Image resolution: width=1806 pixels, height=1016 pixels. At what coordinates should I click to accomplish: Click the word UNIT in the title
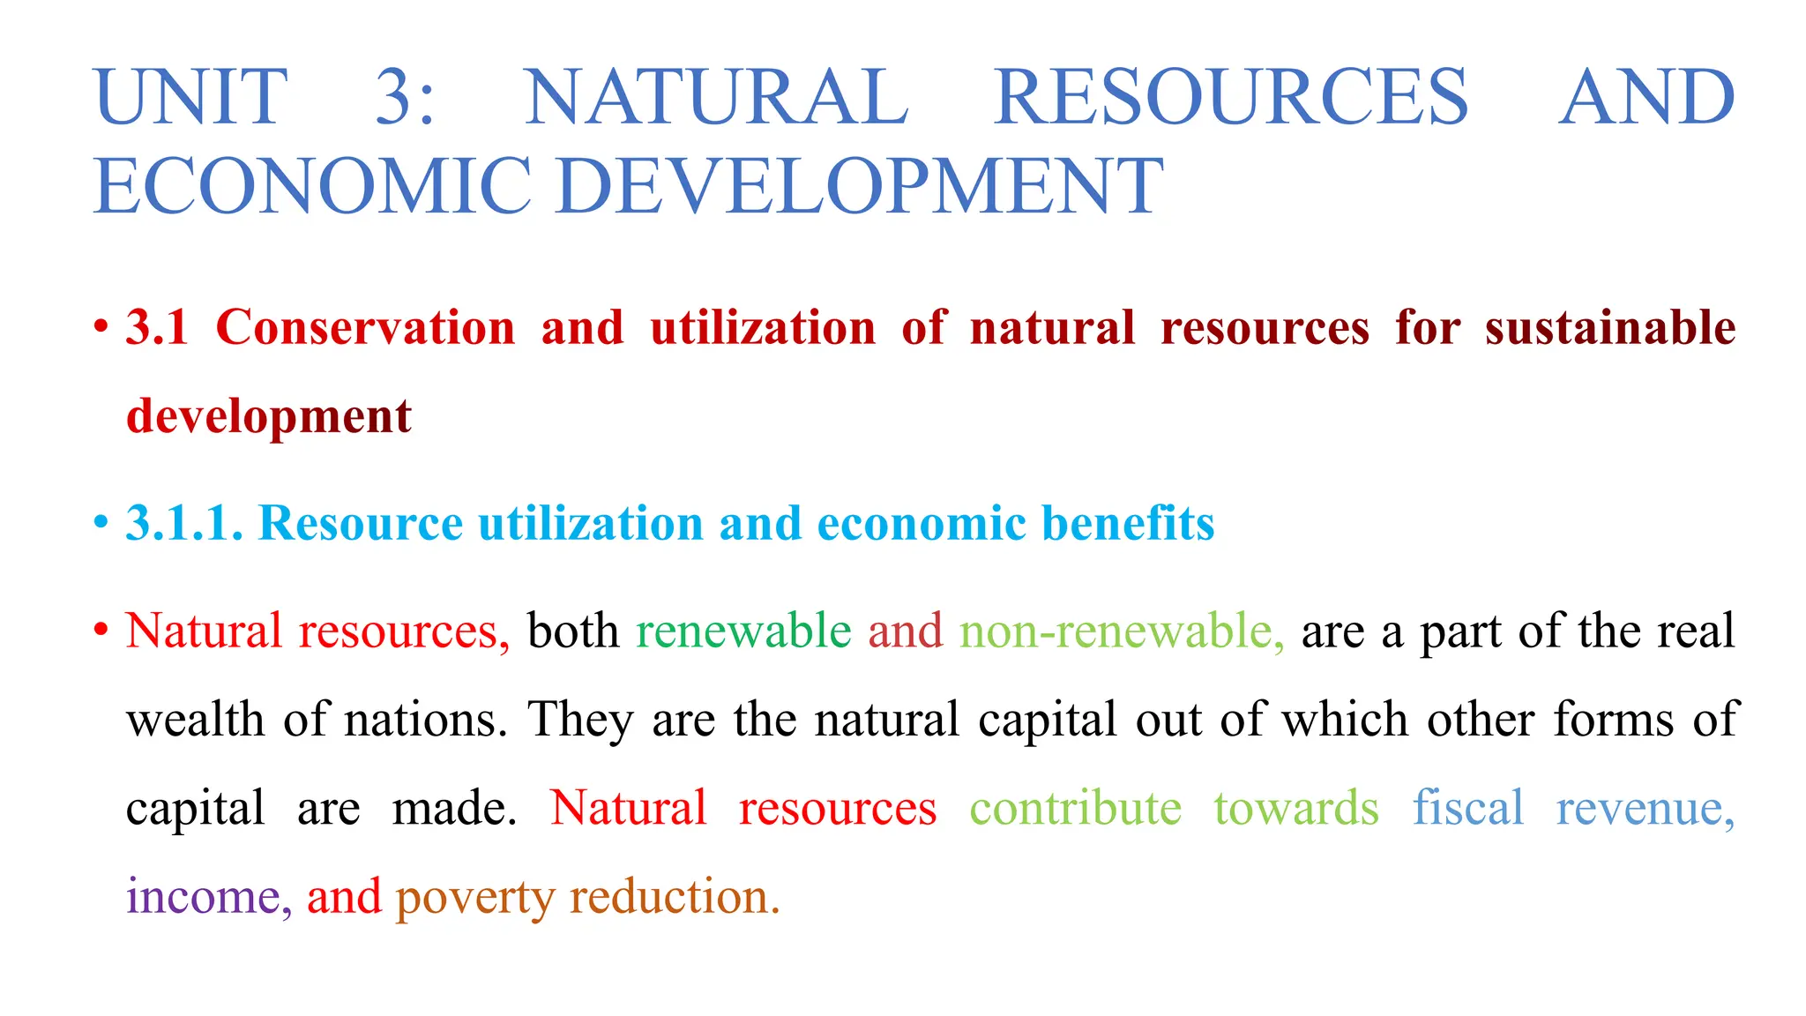click(x=190, y=97)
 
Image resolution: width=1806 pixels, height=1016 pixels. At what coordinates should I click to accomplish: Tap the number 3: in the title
click(x=405, y=97)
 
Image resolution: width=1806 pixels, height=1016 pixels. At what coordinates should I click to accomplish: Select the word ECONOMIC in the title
click(x=312, y=186)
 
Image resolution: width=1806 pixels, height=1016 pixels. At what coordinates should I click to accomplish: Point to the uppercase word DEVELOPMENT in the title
click(x=861, y=186)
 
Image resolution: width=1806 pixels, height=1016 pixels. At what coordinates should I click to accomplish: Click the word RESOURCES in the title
click(x=1231, y=97)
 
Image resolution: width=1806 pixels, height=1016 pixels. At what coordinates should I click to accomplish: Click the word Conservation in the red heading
click(x=365, y=328)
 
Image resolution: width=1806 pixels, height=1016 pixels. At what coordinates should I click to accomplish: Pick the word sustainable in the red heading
click(x=1610, y=328)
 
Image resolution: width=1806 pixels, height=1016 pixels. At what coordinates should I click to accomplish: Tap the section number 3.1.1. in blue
click(x=184, y=523)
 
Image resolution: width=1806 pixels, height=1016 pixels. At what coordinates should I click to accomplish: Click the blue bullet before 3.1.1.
click(x=101, y=523)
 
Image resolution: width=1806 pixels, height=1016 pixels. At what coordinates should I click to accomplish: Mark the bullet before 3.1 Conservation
click(x=101, y=328)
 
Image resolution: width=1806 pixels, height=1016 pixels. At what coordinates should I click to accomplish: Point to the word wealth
click(x=195, y=720)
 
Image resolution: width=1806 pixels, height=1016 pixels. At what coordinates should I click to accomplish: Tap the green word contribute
click(x=1075, y=809)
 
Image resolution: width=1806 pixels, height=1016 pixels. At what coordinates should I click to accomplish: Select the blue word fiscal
click(x=1468, y=809)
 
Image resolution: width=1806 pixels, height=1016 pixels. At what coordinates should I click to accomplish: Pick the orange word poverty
click(x=474, y=899)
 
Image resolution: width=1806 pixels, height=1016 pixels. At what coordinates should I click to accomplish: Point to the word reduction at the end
click(x=675, y=897)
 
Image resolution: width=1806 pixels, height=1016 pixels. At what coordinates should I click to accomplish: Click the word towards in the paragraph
click(x=1296, y=809)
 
